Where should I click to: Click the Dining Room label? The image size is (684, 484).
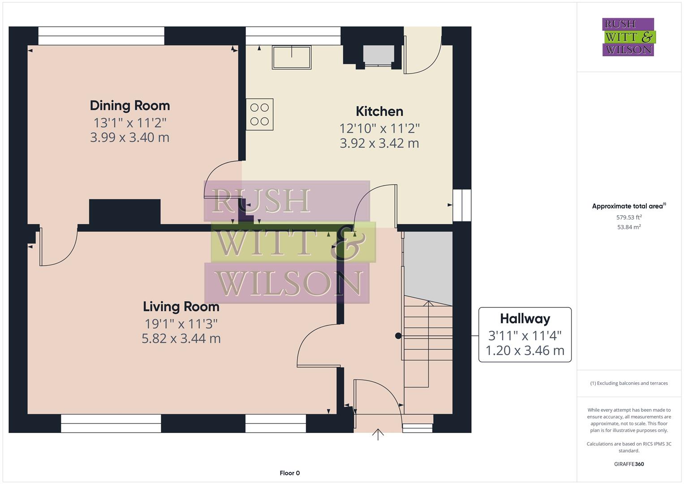[130, 106]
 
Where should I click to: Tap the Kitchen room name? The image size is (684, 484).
[379, 112]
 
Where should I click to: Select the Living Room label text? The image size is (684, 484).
[181, 307]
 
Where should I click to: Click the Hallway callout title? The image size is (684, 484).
[525, 319]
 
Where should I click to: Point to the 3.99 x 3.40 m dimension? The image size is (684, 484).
[130, 138]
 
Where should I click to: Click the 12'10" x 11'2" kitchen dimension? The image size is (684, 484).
[379, 129]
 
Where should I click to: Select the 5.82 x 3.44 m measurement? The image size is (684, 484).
[181, 338]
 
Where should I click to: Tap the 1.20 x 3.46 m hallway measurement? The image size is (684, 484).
[525, 350]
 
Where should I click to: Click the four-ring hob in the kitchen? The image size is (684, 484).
[259, 114]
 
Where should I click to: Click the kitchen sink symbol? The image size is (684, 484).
[292, 57]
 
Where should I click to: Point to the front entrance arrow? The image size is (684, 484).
[378, 434]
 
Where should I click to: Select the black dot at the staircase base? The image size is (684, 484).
[398, 336]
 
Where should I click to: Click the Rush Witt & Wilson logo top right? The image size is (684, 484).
[628, 37]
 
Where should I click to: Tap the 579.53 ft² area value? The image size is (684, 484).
[629, 217]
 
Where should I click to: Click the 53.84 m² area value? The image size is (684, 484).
[629, 227]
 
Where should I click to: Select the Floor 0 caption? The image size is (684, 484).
[289, 473]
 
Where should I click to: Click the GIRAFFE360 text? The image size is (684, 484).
[629, 464]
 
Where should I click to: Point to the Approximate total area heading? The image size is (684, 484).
[628, 206]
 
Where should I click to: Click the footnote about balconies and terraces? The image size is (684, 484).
[629, 383]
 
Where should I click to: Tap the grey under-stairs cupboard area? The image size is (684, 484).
[428, 264]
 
